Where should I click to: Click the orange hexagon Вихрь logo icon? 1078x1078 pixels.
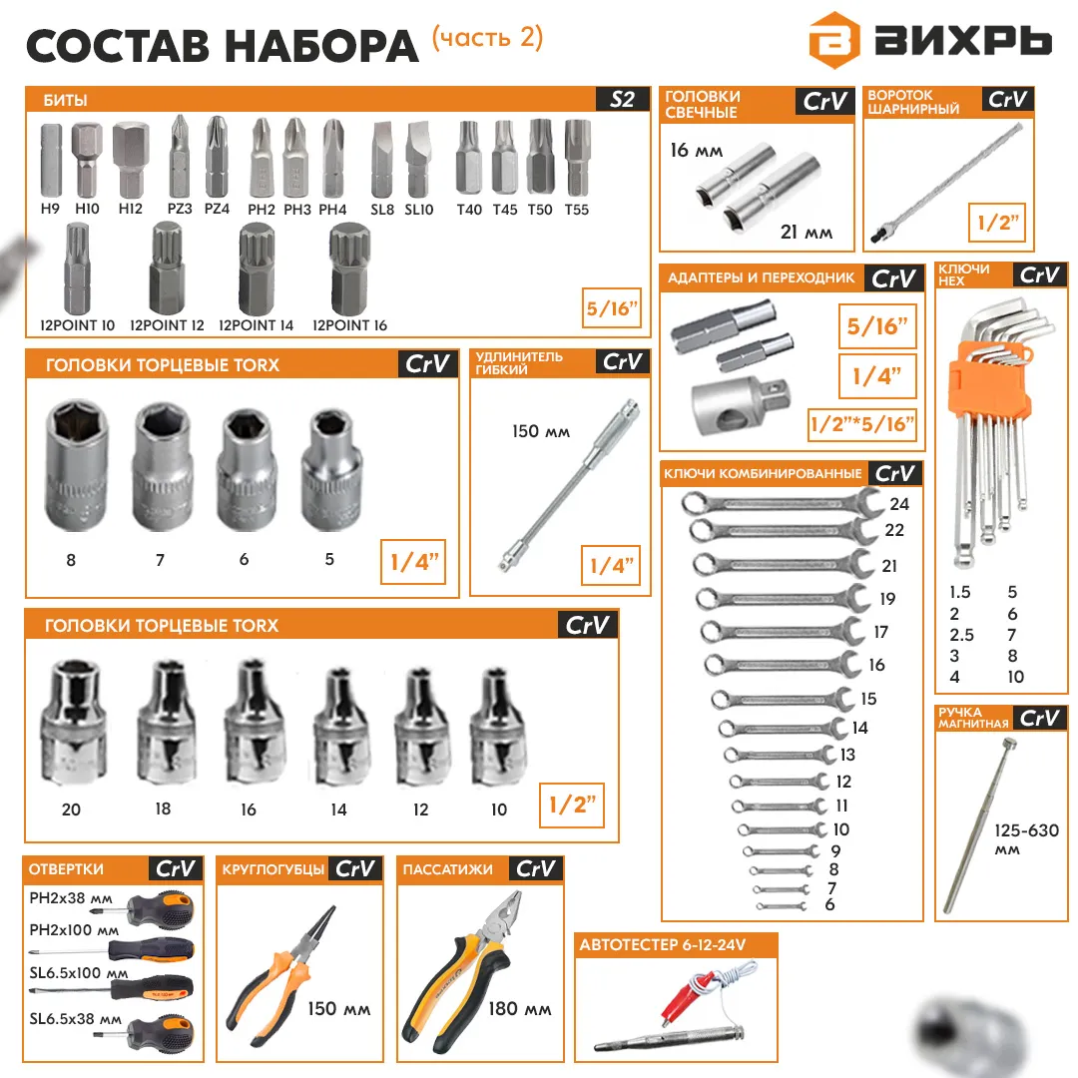click(x=833, y=41)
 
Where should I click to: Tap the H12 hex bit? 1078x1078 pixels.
click(x=131, y=160)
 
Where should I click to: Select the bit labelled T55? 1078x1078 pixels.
click(x=577, y=159)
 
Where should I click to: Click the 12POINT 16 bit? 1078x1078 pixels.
click(x=349, y=269)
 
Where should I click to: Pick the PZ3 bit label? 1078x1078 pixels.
click(x=180, y=209)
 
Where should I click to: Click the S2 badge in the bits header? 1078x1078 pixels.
click(x=622, y=100)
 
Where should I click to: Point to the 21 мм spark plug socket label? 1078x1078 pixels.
click(x=807, y=233)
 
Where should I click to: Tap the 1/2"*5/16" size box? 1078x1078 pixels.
click(x=862, y=423)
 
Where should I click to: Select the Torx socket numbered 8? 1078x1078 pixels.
click(x=76, y=465)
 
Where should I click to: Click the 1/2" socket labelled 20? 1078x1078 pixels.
click(x=74, y=722)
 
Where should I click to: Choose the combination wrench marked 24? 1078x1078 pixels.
click(x=782, y=502)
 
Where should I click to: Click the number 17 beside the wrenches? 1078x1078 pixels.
click(x=880, y=631)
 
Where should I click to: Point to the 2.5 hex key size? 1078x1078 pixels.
click(x=962, y=635)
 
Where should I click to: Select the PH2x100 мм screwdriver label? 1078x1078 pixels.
click(x=74, y=930)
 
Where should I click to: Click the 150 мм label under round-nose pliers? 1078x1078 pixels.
click(x=339, y=1008)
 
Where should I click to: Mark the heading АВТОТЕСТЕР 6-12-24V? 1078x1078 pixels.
click(x=663, y=944)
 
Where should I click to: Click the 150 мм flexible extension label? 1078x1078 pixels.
click(x=541, y=431)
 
